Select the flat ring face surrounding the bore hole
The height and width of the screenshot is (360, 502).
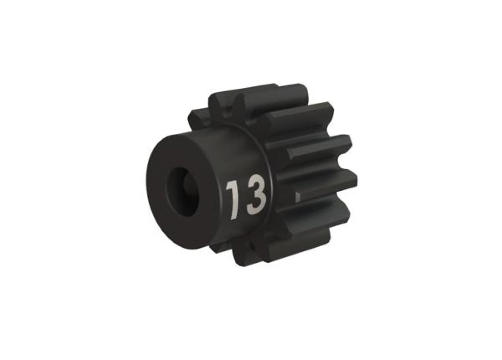tap(172, 162)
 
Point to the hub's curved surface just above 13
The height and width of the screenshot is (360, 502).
tap(235, 147)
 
